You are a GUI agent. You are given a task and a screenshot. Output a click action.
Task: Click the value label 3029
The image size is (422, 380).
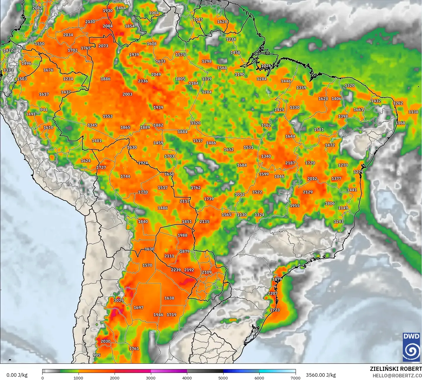click(119, 300)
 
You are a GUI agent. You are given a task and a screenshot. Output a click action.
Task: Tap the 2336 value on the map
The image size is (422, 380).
click(143, 81)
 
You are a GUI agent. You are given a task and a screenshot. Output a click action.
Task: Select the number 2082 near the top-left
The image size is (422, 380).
click(37, 8)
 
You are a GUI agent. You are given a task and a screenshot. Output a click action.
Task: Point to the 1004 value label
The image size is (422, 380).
click(154, 13)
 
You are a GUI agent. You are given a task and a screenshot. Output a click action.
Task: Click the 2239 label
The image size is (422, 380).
click(176, 270)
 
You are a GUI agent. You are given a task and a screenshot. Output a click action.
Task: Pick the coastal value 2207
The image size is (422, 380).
click(273, 293)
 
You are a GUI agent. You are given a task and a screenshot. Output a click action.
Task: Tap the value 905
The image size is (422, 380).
click(97, 355)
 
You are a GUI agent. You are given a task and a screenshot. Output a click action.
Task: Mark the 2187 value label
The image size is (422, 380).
click(290, 163)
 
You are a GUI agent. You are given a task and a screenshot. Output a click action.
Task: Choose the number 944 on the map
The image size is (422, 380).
click(44, 110)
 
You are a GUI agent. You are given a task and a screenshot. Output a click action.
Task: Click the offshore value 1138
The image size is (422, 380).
click(413, 112)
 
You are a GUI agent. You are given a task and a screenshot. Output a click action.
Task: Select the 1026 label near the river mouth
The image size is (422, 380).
click(266, 66)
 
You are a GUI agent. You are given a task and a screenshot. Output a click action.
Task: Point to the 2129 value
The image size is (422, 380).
click(308, 192)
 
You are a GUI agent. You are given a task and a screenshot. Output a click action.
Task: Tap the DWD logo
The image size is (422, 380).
click(411, 347)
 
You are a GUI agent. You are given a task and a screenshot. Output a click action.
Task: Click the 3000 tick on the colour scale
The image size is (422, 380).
click(151, 378)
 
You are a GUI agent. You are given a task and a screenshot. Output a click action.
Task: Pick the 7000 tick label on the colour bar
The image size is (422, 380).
click(295, 378)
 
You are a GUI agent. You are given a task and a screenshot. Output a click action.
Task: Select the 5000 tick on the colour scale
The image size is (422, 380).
click(223, 378)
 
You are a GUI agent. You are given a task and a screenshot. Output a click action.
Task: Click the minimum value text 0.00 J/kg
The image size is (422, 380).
click(17, 375)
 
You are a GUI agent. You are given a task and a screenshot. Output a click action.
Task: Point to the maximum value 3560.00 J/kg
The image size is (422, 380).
click(321, 375)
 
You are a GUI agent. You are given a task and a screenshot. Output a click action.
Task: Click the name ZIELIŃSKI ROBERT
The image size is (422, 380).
click(396, 369)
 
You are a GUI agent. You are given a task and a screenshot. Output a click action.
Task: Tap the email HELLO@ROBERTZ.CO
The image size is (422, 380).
click(397, 376)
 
